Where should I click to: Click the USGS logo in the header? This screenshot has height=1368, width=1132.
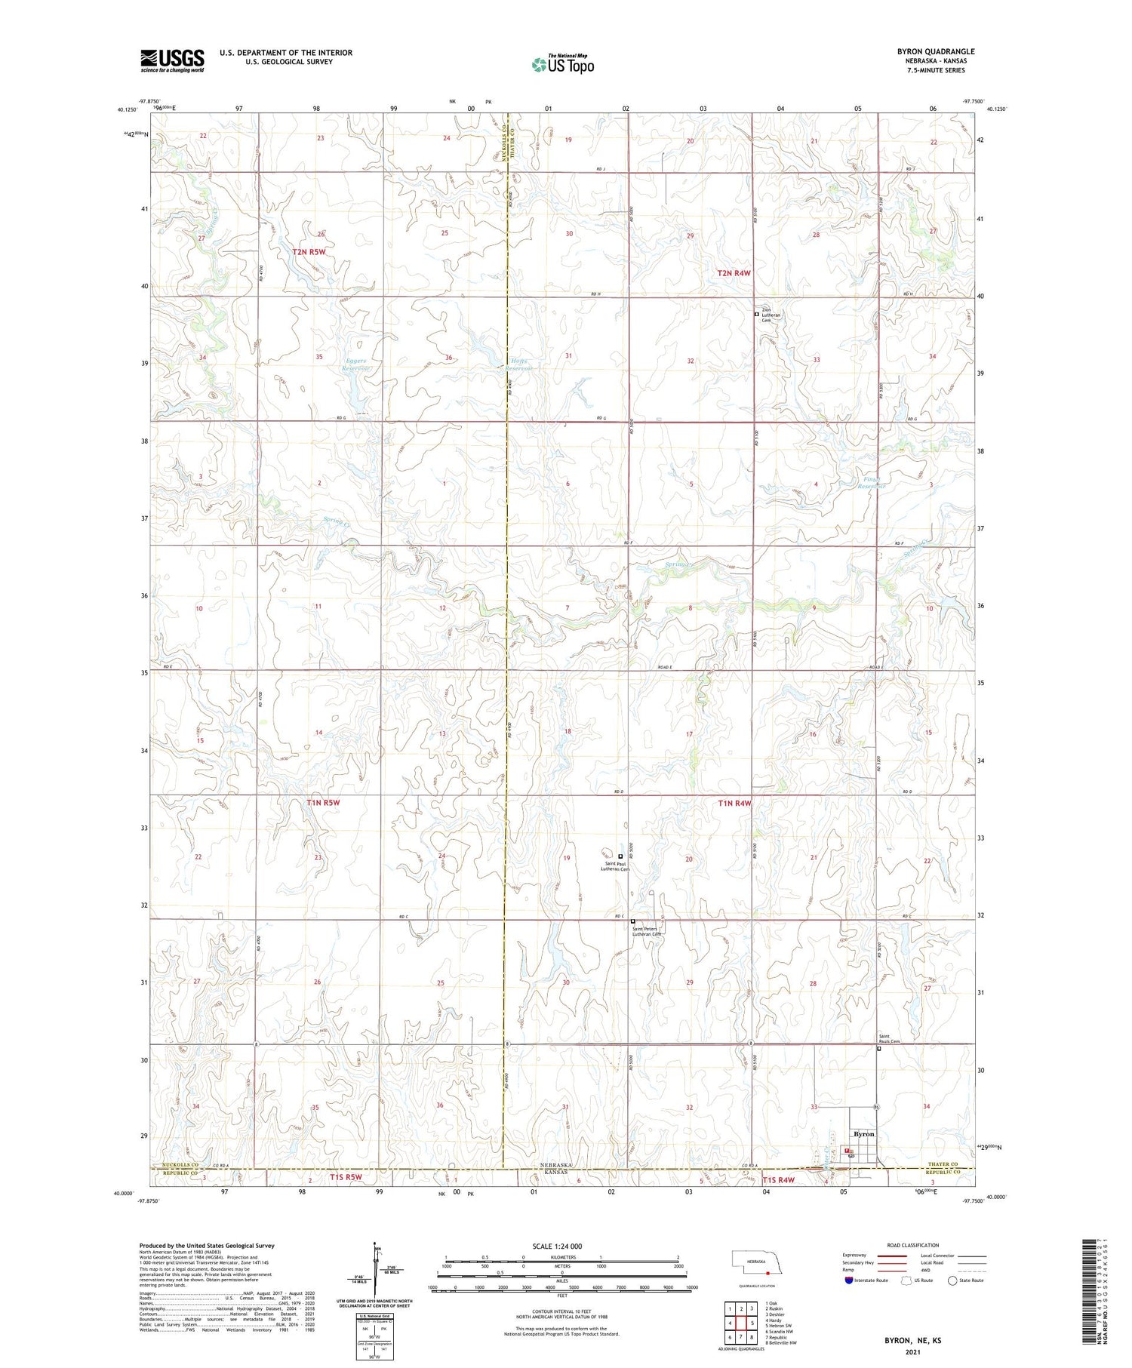172,60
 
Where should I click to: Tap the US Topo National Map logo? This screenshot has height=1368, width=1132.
563,64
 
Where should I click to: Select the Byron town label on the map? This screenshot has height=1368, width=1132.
863,1134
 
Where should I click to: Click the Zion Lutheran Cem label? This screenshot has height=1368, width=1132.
771,315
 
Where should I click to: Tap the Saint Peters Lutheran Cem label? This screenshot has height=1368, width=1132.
646,931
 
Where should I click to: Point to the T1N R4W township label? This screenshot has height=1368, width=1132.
734,804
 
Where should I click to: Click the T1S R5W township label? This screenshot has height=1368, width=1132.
346,1177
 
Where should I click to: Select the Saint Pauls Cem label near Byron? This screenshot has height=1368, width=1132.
888,1039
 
